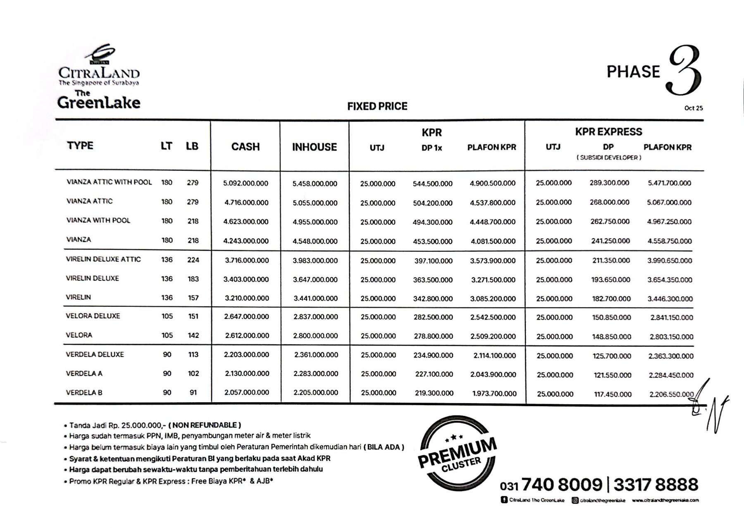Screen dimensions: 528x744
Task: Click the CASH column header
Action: [245, 147]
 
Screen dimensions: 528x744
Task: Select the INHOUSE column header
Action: [314, 147]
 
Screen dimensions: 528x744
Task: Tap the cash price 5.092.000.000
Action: [246, 183]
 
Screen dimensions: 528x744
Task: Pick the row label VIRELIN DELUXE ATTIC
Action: [103, 259]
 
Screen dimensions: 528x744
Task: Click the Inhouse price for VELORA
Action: [315, 336]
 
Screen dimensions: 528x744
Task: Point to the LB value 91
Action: [193, 392]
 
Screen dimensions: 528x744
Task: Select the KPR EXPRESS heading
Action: [608, 132]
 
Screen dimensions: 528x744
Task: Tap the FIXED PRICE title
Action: [377, 107]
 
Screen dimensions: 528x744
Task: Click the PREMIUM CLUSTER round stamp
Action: [457, 453]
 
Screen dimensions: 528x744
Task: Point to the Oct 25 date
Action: [693, 108]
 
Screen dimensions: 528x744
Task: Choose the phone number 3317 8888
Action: [656, 485]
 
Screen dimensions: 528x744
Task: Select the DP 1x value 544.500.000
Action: [432, 184]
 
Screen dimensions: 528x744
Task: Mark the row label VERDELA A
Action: [84, 373]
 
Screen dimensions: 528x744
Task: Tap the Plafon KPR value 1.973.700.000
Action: [494, 394]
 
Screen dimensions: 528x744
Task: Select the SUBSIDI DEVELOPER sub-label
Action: [609, 158]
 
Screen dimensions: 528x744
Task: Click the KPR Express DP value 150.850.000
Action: [611, 318]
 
